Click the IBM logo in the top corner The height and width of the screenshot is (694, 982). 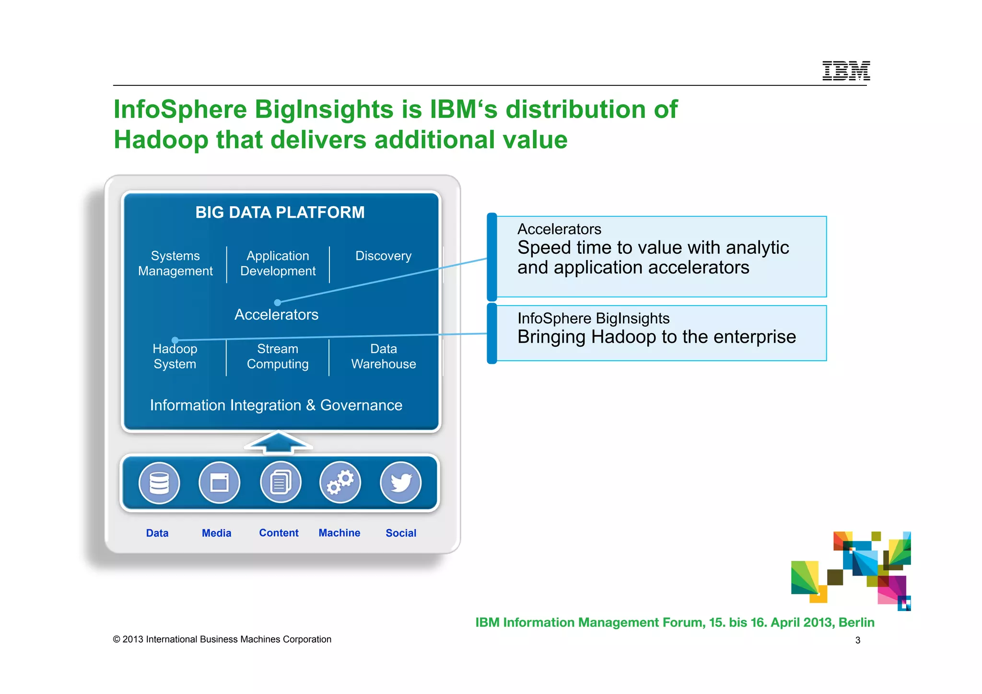846,71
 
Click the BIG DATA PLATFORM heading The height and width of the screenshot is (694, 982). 280,212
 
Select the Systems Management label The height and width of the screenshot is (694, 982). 175,263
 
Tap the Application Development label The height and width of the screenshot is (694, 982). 278,263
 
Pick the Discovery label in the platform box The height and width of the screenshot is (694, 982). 383,256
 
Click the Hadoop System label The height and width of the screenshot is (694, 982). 175,356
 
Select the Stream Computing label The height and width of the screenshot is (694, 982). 278,356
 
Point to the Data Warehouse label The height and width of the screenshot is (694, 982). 384,356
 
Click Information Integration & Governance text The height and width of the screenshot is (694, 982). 276,405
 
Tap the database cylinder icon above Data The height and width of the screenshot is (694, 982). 159,482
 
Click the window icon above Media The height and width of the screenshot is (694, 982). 220,482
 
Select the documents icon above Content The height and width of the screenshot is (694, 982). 281,482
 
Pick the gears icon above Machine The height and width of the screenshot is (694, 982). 340,482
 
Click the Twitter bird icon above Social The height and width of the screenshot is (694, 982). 401,482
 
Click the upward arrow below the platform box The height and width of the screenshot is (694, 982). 279,442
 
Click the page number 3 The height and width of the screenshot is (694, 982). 858,640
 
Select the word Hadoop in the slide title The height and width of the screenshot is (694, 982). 161,140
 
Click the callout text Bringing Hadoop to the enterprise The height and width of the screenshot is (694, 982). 656,337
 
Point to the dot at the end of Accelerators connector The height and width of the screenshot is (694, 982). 278,303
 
